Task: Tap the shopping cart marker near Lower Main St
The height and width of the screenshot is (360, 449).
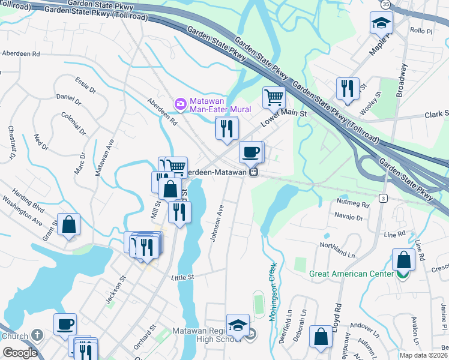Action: point(274,96)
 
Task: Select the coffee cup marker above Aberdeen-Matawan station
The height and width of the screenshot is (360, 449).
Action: point(250,152)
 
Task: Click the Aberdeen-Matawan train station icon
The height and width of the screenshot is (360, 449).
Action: point(254,172)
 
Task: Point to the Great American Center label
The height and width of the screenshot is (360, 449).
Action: point(351,274)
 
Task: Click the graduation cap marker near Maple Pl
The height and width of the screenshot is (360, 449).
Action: point(379,23)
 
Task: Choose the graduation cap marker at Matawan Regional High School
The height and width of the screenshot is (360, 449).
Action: point(238,325)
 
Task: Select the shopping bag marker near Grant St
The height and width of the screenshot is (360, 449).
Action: point(69,224)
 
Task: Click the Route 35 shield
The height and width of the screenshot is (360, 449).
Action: point(385,4)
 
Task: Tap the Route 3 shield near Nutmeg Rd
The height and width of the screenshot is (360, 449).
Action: point(382,197)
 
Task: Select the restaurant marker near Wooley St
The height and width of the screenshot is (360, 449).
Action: point(346,89)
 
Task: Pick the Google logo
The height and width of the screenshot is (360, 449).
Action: point(20,353)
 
